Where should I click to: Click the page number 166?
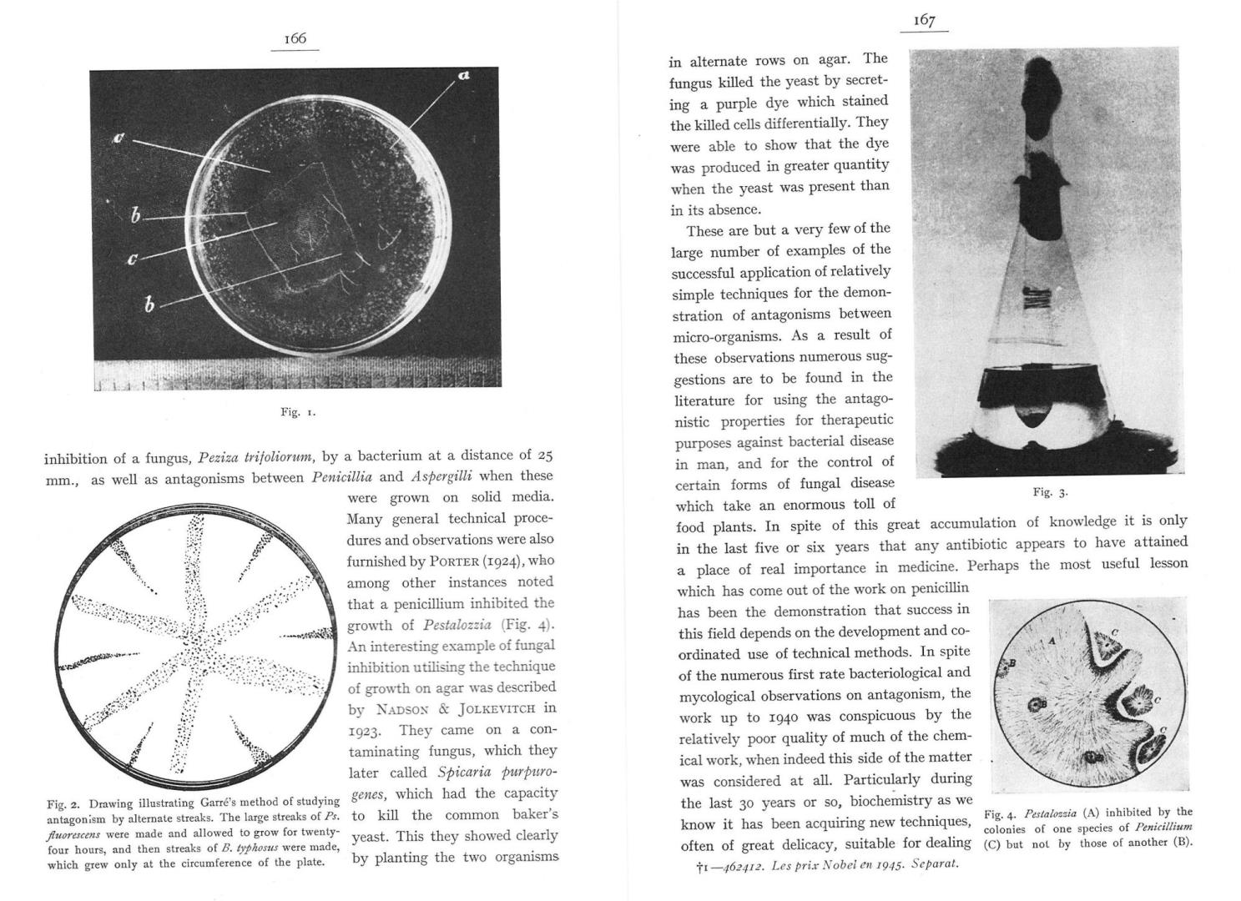click(295, 38)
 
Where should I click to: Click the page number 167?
click(924, 21)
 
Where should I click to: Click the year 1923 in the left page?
click(365, 731)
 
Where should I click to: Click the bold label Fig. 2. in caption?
click(63, 804)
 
